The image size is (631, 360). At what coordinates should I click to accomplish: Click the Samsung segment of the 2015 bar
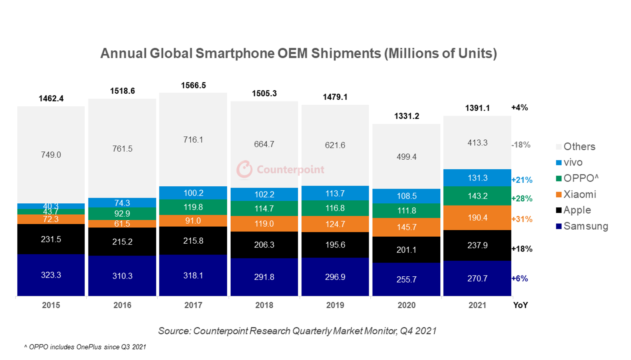click(x=51, y=275)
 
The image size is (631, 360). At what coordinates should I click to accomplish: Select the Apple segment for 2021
click(x=477, y=245)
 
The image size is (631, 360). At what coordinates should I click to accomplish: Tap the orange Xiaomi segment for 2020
click(x=406, y=227)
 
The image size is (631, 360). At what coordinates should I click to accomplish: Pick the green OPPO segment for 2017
click(x=193, y=207)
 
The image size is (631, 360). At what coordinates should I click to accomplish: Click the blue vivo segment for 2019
click(x=335, y=193)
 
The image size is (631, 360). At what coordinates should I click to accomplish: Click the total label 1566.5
click(x=193, y=86)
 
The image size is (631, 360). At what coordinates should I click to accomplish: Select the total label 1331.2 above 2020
click(x=407, y=116)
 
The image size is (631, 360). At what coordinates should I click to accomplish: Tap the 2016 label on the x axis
click(x=122, y=305)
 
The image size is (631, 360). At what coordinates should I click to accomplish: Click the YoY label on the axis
click(x=520, y=305)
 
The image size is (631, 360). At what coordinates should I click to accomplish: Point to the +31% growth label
click(x=522, y=219)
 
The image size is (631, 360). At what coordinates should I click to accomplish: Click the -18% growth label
click(x=521, y=145)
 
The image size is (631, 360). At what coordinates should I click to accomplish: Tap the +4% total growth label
click(x=520, y=108)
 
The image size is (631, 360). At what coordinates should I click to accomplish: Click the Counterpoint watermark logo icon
click(x=244, y=169)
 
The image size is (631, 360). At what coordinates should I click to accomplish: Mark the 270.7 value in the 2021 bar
click(x=477, y=279)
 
